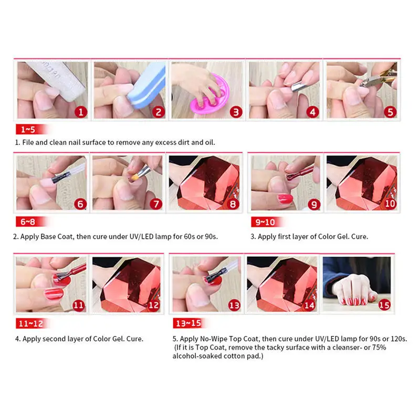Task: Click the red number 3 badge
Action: [236, 111]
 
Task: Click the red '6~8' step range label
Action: [26, 221]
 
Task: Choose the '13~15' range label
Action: [187, 323]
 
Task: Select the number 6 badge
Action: [80, 204]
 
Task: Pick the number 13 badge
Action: [234, 304]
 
